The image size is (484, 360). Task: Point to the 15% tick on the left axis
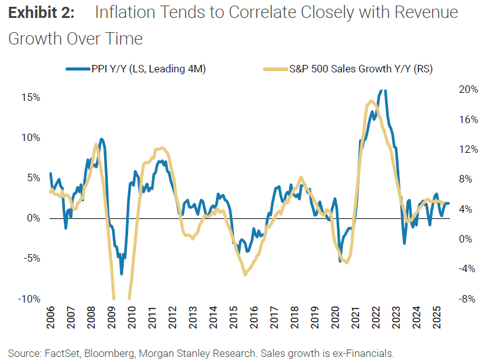click(x=31, y=97)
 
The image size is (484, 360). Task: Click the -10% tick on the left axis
click(x=28, y=299)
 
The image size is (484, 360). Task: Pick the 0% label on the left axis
click(x=33, y=218)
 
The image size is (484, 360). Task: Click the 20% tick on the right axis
click(x=468, y=89)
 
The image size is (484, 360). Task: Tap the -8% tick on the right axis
click(x=468, y=299)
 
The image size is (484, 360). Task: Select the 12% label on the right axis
click(x=468, y=149)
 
